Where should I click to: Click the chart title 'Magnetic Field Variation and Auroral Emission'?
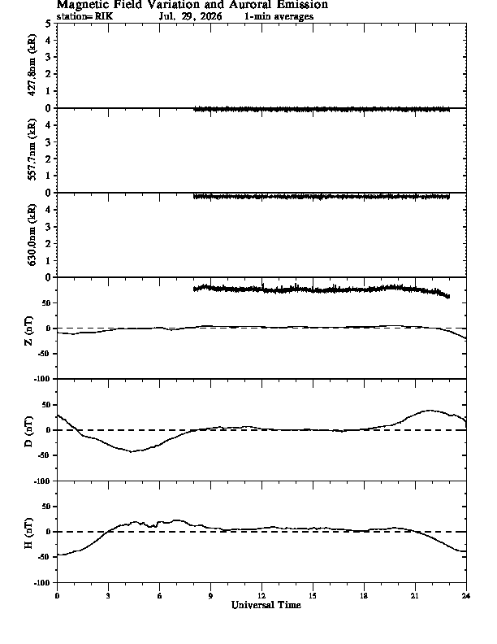(192, 5)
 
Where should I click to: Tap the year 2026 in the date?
(210, 16)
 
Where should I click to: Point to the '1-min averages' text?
(279, 16)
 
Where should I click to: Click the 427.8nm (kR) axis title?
(32, 65)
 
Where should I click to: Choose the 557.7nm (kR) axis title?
(32, 150)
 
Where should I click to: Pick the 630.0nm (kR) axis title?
(32, 234)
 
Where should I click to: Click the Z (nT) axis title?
(28, 330)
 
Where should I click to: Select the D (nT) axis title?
(28, 432)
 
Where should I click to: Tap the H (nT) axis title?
(28, 533)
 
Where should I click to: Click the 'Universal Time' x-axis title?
(266, 605)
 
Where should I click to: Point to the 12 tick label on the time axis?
(261, 596)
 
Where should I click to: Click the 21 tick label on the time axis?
(415, 596)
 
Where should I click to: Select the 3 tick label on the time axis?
(108, 596)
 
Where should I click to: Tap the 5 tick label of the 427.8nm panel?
(49, 24)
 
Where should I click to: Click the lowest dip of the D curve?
(132, 452)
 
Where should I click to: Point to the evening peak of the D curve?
(430, 411)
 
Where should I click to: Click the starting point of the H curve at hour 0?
(58, 555)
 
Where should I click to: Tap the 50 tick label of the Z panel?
(47, 303)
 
